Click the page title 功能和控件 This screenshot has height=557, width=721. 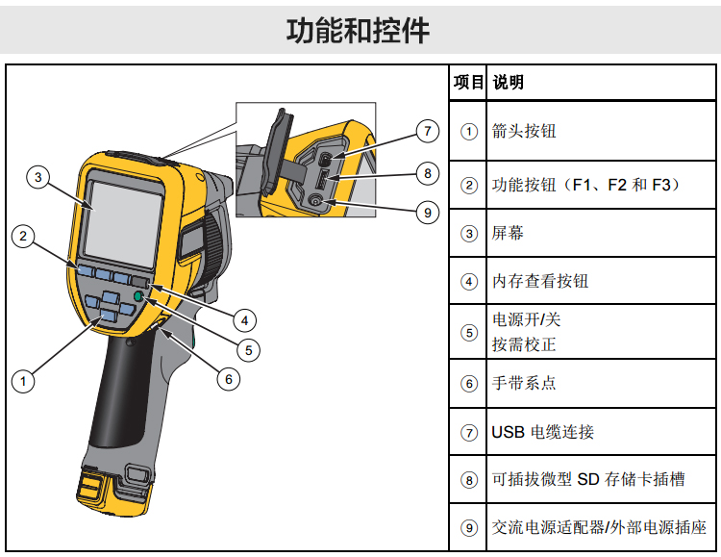click(x=358, y=31)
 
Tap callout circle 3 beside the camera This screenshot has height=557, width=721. click(x=38, y=177)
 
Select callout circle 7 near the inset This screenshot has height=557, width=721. click(x=428, y=131)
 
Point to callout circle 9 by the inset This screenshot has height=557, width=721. click(x=428, y=213)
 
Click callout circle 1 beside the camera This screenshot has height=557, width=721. click(x=23, y=381)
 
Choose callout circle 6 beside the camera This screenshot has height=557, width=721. click(x=229, y=379)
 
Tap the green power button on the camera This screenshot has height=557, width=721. click(x=138, y=296)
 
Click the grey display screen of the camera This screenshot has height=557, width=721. click(x=124, y=224)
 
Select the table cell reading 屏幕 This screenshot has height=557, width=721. click(x=508, y=233)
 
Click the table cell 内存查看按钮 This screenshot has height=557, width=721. click(x=540, y=281)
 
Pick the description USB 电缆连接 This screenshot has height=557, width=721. click(x=542, y=432)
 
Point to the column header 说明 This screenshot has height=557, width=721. click(x=509, y=83)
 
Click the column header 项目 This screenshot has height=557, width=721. click(x=468, y=83)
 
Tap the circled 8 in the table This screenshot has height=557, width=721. click(x=469, y=480)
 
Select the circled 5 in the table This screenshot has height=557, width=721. click(x=469, y=332)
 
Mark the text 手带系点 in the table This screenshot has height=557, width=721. click(x=524, y=383)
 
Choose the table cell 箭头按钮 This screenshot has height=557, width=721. click(x=524, y=131)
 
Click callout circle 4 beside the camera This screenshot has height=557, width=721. click(x=244, y=320)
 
